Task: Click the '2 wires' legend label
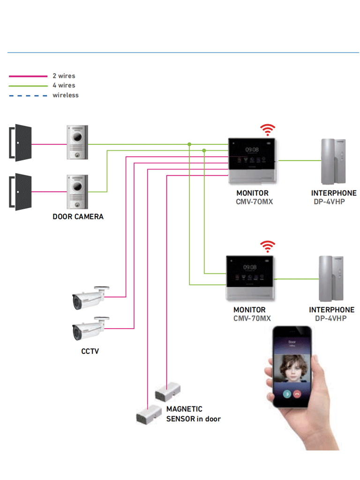pyautogui.click(x=63, y=76)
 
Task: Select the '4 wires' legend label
pyautogui.click(x=63, y=85)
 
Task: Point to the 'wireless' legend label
pyautogui.click(x=65, y=95)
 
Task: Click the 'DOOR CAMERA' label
pyautogui.click(x=78, y=217)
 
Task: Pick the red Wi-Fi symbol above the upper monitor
pyautogui.click(x=268, y=130)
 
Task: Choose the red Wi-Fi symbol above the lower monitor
pyautogui.click(x=268, y=247)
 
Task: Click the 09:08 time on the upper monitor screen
pyautogui.click(x=252, y=150)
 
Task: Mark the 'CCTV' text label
pyautogui.click(x=90, y=351)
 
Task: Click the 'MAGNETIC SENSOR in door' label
pyautogui.click(x=193, y=414)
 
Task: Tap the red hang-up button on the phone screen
pyautogui.click(x=297, y=394)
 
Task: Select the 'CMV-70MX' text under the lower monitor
pyautogui.click(x=252, y=318)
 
